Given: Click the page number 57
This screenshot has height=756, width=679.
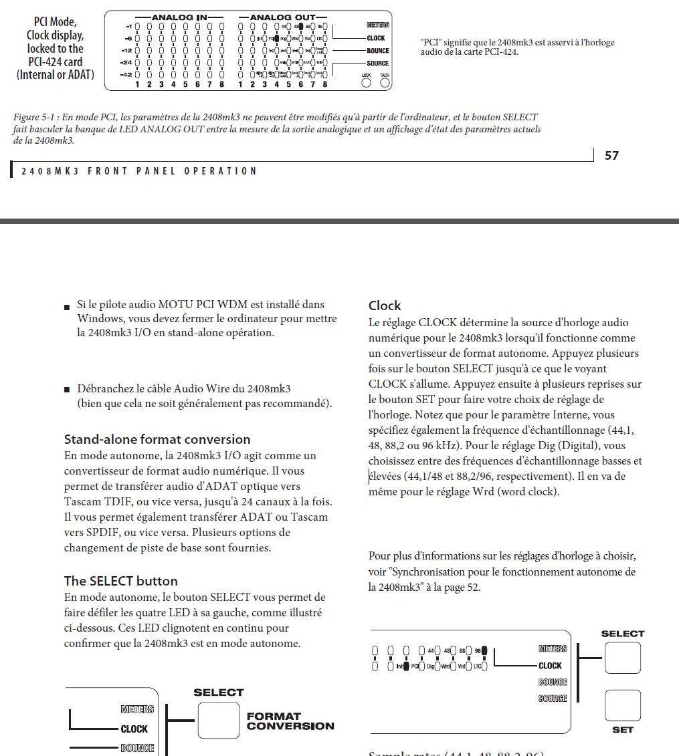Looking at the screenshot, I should tap(611, 156).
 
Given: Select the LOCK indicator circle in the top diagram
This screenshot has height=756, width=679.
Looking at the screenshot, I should tap(366, 84).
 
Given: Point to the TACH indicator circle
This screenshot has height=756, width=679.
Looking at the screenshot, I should tap(384, 84).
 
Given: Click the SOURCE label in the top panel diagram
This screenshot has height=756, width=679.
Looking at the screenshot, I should tap(377, 64).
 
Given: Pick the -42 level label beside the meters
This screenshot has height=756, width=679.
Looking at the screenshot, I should tap(126, 74).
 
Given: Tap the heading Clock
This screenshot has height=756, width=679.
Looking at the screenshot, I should tap(385, 305).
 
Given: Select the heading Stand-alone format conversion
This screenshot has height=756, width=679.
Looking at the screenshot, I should tap(157, 439).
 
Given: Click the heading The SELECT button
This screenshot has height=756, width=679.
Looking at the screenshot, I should tap(121, 580).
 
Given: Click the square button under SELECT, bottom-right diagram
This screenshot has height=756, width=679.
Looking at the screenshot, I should tap(622, 658).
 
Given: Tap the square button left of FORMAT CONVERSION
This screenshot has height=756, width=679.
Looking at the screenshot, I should tap(218, 720).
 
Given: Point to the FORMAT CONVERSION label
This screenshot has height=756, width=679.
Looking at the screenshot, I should tap(290, 721).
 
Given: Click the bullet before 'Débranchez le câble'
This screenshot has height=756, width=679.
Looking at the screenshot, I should tap(67, 389).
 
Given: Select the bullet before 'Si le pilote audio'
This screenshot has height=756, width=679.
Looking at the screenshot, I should tap(67, 307).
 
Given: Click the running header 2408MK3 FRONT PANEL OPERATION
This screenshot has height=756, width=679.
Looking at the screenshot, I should tap(138, 171).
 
